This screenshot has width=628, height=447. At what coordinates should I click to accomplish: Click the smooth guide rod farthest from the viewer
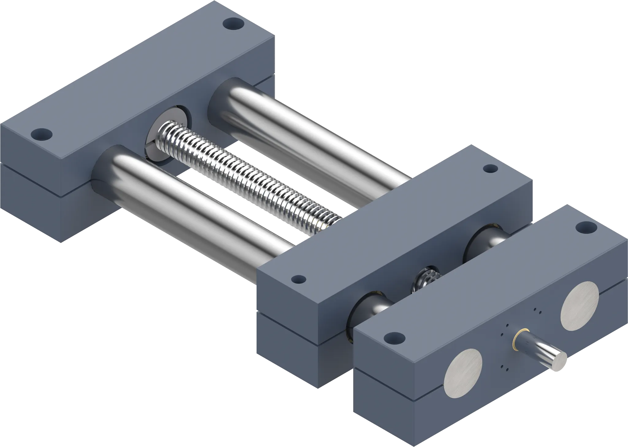tap(307, 135)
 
